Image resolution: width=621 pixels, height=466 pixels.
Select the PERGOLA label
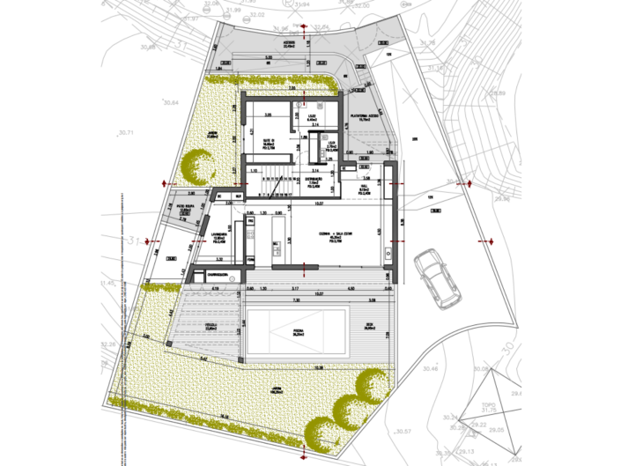pyautogui.click(x=212, y=326)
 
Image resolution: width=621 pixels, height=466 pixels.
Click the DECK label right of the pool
pyautogui.click(x=370, y=325)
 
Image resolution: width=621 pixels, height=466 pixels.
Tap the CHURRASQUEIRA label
pyautogui.click(x=214, y=275)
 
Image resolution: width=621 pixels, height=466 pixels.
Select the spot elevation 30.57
pyautogui.click(x=404, y=431)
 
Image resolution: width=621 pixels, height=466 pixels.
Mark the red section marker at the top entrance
pyautogui.click(x=304, y=29)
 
